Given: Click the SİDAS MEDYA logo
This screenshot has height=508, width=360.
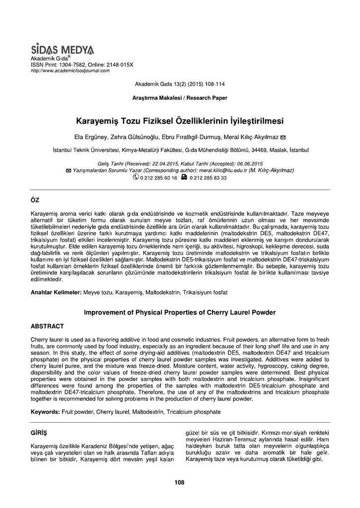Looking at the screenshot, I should click(62, 50).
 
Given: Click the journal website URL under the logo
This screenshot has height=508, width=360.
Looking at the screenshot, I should click(70, 70).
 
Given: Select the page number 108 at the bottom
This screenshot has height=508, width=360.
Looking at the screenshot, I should click(180, 482).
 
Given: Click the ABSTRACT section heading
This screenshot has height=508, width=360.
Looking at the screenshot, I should click(47, 326).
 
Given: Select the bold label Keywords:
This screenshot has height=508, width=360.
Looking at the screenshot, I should click(46, 412).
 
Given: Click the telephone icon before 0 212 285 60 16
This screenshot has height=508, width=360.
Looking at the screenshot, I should click(136, 177).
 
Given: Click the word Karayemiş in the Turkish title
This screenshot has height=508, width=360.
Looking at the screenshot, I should click(97, 121).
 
